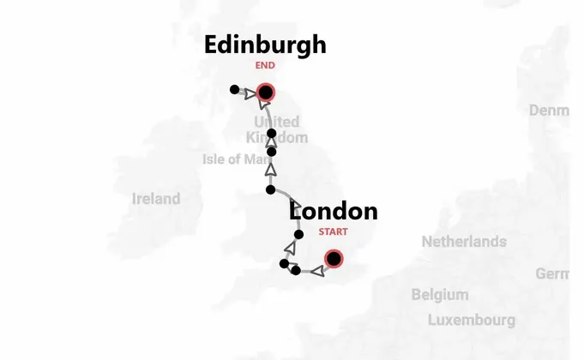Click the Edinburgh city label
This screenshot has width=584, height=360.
coord(265,45)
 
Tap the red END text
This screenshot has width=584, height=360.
coord(265,65)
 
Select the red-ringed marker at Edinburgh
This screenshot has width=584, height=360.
coord(266,93)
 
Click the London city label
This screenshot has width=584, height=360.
coord(333,211)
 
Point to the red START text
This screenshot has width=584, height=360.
coord(334,231)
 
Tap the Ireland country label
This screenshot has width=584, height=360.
coord(156,199)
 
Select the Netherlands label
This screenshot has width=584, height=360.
coord(463,242)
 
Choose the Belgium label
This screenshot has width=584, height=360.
coord(440,295)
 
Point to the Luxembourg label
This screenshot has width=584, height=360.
coord(472,321)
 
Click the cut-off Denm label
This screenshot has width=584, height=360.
coord(549,111)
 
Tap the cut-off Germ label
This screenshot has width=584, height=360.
coord(552,273)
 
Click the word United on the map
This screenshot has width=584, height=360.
coord(276,123)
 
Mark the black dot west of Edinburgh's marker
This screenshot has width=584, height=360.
coord(234,89)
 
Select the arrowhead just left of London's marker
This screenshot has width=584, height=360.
coord(316,272)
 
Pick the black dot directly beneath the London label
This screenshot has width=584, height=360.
coord(298,235)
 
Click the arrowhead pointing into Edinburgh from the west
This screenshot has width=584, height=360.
coord(250,94)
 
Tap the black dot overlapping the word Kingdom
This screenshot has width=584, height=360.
coord(271,134)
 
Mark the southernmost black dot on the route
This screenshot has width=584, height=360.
coord(296,271)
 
